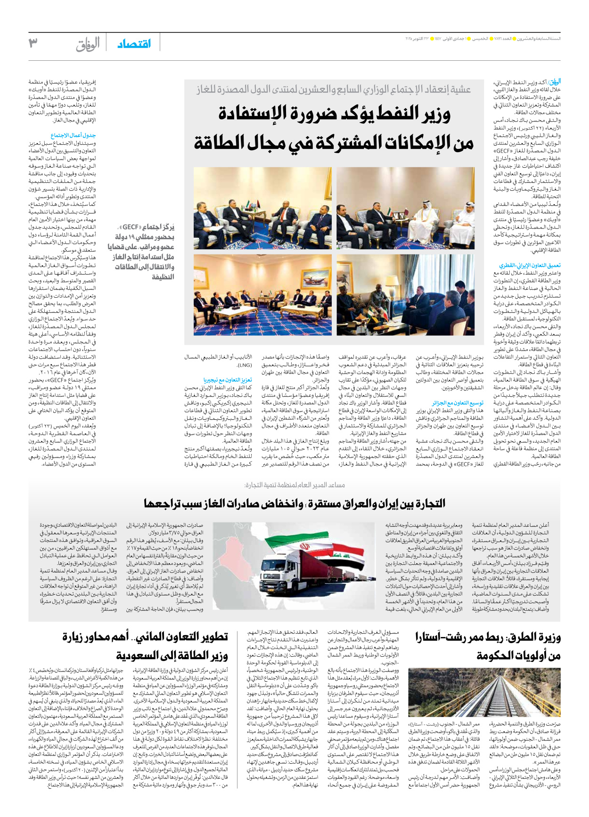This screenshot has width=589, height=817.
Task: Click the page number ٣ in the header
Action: coord(33,43)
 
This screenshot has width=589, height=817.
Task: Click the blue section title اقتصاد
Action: coord(134,44)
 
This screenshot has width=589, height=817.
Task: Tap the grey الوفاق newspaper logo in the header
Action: coord(88,44)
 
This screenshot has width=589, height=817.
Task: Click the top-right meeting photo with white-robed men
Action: coord(405,208)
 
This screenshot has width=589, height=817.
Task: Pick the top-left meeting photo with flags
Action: coord(262,208)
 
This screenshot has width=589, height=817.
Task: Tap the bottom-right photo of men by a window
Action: coord(405,295)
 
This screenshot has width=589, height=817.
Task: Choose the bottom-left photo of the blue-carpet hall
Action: coord(262,295)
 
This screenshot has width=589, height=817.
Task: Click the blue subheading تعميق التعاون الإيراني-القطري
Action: coord(530,266)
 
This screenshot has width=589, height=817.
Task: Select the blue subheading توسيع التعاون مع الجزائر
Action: coord(458,403)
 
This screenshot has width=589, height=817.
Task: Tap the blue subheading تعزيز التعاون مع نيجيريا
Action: coord(228,380)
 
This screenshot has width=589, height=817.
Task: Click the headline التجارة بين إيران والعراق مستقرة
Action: coord(294,504)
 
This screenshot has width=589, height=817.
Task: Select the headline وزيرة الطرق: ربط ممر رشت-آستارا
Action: coord(488,646)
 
